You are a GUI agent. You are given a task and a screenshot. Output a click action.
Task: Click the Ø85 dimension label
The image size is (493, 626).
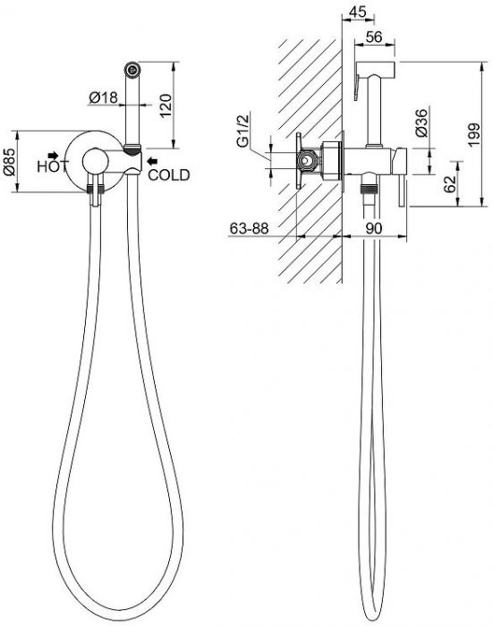click(10, 162)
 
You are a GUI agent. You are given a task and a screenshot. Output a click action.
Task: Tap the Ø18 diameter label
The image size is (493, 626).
click(104, 97)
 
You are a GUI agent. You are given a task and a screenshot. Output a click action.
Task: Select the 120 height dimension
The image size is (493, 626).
click(166, 105)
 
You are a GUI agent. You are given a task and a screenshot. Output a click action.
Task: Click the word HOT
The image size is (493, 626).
click(52, 166)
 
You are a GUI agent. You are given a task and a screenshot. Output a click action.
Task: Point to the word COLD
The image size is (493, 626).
click(168, 175)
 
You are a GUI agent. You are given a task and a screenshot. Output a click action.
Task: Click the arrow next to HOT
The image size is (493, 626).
click(53, 155)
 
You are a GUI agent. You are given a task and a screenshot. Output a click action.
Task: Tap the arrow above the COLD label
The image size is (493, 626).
click(152, 161)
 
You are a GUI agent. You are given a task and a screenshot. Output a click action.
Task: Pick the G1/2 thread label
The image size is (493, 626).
click(242, 131)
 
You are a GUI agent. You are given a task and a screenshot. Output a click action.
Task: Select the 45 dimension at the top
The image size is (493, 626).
click(357, 12)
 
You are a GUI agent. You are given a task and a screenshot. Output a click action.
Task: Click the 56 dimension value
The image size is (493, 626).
click(374, 37)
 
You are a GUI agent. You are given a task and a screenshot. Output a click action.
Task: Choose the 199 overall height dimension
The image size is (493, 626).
click(474, 134)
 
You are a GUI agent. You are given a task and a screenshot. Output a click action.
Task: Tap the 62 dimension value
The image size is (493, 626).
click(450, 184)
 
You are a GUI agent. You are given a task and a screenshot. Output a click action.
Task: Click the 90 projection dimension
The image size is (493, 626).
click(373, 228)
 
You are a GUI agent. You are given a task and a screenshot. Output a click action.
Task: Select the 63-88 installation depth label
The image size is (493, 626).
click(249, 228)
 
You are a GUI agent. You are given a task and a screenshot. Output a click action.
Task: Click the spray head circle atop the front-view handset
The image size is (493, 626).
click(132, 70)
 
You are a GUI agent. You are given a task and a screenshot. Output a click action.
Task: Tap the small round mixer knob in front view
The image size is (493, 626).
click(95, 161)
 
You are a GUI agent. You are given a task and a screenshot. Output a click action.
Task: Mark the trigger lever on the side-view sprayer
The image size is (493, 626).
click(357, 85)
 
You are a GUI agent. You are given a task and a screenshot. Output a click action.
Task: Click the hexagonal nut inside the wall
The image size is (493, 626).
click(308, 161)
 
